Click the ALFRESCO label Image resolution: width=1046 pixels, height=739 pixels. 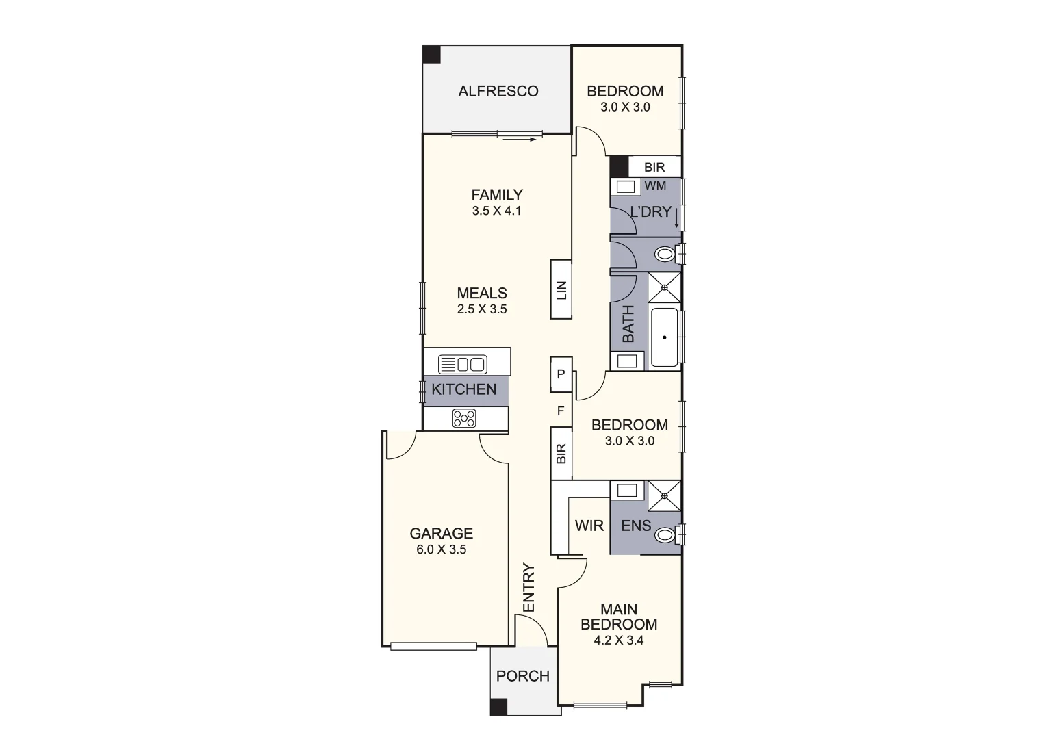point(498,91)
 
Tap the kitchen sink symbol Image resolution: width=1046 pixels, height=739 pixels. point(462,363)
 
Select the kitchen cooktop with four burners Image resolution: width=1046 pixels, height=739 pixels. point(464,418)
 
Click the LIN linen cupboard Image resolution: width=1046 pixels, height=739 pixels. point(561,290)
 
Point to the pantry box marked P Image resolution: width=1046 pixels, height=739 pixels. point(561,374)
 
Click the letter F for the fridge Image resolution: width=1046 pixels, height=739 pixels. point(561,411)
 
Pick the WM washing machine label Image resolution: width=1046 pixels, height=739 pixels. point(655,185)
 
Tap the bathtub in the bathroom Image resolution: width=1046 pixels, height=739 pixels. point(664,337)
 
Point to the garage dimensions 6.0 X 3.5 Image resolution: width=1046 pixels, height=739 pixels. point(441,549)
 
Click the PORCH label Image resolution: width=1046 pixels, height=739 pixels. point(523,676)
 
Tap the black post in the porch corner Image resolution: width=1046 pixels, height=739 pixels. point(499,707)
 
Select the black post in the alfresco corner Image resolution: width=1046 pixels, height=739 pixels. point(431,55)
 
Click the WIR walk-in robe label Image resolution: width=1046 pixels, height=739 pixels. point(589,526)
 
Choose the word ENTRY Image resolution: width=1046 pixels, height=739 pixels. point(528,588)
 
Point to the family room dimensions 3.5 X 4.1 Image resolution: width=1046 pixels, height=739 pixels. point(496,211)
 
